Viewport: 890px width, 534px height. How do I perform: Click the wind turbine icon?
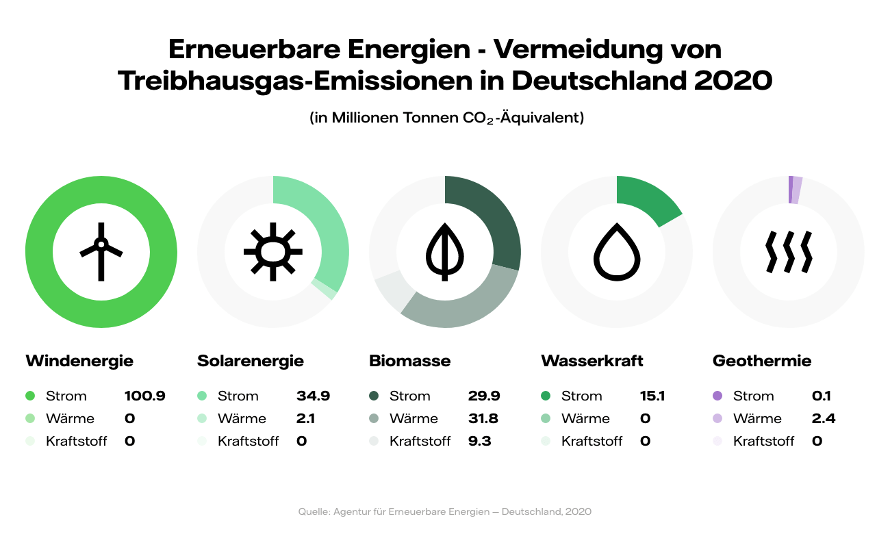click(x=101, y=251)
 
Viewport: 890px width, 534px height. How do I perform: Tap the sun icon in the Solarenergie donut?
click(x=273, y=251)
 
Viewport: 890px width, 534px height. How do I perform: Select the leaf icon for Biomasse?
click(x=445, y=251)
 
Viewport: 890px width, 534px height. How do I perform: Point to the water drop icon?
click(x=617, y=251)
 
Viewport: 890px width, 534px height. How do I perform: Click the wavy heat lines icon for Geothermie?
click(x=789, y=251)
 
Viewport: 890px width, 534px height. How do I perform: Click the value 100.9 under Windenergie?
click(x=144, y=396)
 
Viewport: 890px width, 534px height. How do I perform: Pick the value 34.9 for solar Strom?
click(x=313, y=396)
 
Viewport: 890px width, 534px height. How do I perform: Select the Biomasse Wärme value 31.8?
click(x=485, y=418)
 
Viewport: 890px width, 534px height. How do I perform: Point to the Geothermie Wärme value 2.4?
click(x=824, y=418)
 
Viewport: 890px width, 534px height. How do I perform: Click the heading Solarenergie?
click(x=250, y=361)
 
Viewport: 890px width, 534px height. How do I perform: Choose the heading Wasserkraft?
click(x=592, y=361)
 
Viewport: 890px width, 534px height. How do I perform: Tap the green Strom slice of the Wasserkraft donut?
click(x=647, y=199)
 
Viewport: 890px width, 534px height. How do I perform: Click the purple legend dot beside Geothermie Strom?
click(x=717, y=396)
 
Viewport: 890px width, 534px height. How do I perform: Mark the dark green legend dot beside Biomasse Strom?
click(x=374, y=396)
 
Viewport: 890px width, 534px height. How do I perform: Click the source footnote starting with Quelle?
click(x=445, y=511)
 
